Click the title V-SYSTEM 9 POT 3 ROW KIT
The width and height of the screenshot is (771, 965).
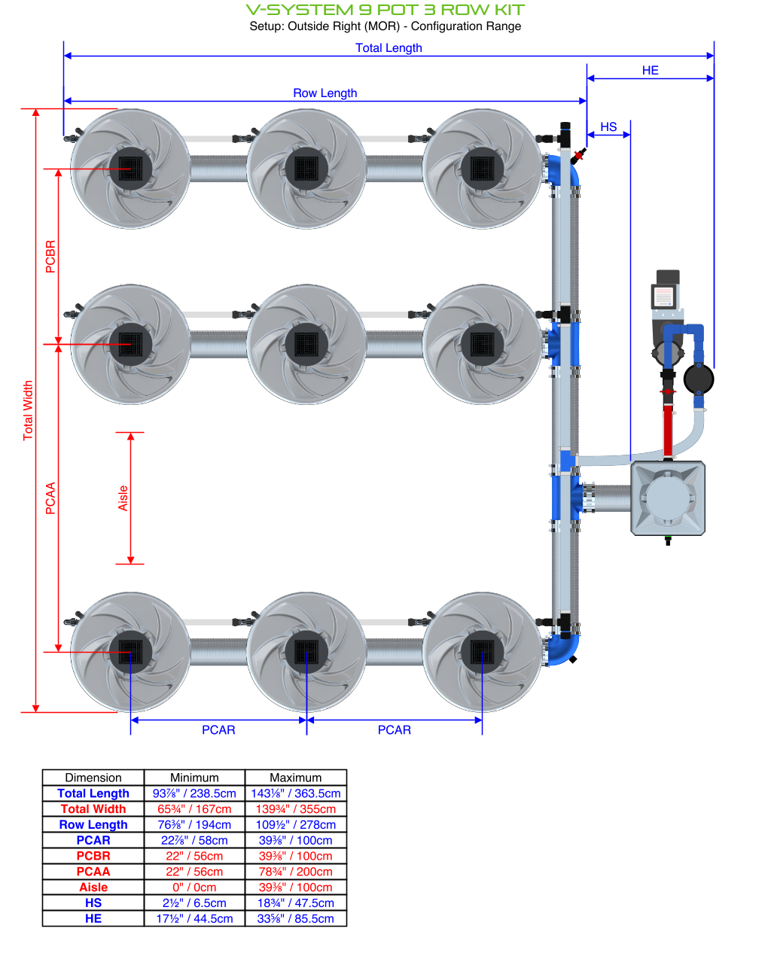coord(385,10)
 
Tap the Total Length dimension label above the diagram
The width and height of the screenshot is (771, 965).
coord(389,47)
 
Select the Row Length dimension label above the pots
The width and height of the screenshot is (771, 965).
coord(325,93)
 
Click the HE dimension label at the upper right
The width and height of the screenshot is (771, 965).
coord(650,70)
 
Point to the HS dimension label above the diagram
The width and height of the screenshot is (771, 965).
coord(608,126)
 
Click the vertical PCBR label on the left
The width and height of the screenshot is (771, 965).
coord(50,256)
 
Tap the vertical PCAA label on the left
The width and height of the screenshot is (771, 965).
coord(50,498)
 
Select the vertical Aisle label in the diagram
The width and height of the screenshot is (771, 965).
coord(123,498)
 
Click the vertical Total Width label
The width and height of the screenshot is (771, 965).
coord(28,410)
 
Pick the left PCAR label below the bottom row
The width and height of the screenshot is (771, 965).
coord(218,729)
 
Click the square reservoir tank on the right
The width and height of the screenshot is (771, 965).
coord(667,498)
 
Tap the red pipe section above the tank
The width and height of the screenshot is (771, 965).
coord(668,425)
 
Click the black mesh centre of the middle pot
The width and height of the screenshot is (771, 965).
coord(306,344)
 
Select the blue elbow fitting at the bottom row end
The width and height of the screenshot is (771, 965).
coord(563,649)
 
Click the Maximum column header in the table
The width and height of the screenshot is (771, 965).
coord(295,778)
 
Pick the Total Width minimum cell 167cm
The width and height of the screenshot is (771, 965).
coord(194,808)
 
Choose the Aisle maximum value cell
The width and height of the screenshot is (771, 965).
coord(295,887)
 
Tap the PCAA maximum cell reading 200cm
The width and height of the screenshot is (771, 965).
coord(295,871)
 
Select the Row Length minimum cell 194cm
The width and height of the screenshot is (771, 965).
coord(194,824)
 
